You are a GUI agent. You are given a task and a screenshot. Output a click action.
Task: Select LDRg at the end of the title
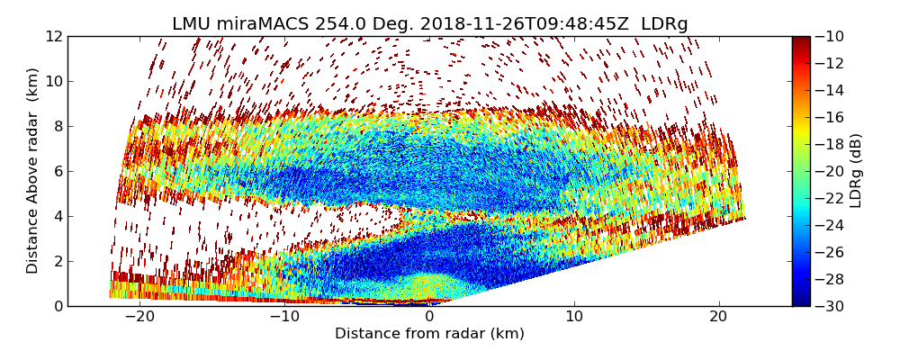pos(664,24)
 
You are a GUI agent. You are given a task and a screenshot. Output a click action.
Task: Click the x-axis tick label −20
pos(139,317)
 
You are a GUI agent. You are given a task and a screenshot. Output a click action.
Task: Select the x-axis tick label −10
pos(284,317)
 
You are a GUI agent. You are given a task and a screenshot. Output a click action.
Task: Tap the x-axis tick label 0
pos(429,317)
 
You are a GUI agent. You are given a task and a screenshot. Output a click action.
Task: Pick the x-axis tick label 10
pos(574,317)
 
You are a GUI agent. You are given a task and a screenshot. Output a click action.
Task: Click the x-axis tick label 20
pos(719,317)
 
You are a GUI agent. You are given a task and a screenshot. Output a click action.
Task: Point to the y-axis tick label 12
pos(53,36)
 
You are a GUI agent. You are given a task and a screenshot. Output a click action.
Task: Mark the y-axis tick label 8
pos(58,126)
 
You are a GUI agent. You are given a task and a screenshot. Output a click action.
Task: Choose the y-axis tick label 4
pos(58,216)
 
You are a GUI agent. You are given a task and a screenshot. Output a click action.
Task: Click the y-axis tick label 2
pos(58,261)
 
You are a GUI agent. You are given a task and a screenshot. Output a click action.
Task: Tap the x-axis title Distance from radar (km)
pos(429,334)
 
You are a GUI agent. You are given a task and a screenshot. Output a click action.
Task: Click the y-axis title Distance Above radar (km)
pos(32,171)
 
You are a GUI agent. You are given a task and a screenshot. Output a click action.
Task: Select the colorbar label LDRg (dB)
pos(856,171)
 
